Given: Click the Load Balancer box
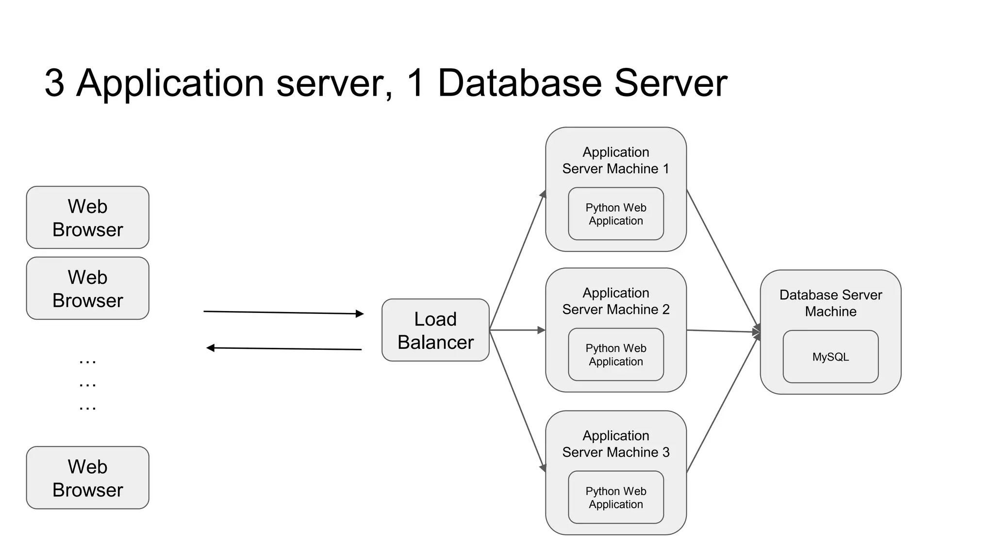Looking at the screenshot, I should click(x=435, y=330).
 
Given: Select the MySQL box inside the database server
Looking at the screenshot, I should click(x=830, y=357).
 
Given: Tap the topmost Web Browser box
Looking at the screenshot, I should click(x=87, y=217).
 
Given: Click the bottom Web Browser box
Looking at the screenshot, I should click(x=87, y=478).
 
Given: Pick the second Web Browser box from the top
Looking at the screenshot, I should click(x=87, y=288).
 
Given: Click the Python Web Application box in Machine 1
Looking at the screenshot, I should click(x=616, y=214).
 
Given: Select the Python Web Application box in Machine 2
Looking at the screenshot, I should click(x=616, y=355).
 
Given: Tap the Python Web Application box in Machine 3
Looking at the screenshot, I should click(x=616, y=497).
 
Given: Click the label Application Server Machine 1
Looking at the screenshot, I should click(x=615, y=160).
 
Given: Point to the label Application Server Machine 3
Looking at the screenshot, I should click(x=615, y=444).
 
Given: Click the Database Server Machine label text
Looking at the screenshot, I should click(x=830, y=303).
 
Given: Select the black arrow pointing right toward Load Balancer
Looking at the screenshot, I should click(x=283, y=312).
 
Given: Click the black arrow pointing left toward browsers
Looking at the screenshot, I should click(x=283, y=348).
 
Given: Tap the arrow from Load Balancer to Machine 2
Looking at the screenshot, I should click(x=517, y=330).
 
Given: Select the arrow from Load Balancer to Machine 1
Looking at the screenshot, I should click(x=517, y=261).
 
